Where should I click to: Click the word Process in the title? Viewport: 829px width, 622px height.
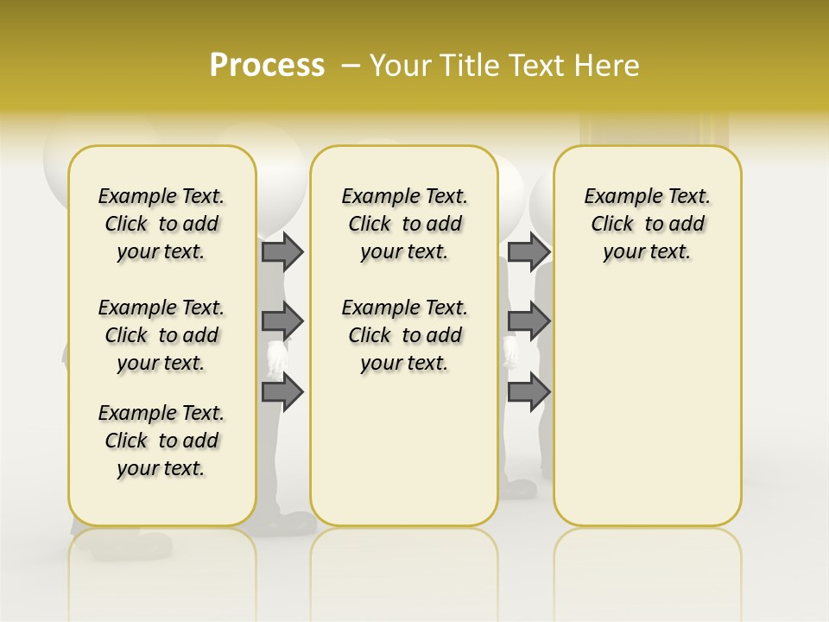click(267, 66)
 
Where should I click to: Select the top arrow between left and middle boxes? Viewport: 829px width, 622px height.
click(282, 251)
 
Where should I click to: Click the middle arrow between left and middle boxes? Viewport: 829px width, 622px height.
click(282, 321)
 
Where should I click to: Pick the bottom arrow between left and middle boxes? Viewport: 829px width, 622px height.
click(282, 392)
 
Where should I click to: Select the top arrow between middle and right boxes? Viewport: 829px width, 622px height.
click(528, 251)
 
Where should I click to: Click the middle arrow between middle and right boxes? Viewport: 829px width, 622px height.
click(528, 321)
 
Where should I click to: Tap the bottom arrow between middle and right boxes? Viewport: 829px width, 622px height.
click(528, 392)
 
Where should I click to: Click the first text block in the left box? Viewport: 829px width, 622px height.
click(161, 224)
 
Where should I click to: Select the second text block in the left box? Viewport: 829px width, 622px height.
click(161, 335)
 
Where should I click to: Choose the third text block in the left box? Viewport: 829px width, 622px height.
click(161, 441)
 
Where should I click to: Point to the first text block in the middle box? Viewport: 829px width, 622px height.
click(404, 224)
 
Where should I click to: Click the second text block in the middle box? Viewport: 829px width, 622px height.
click(404, 335)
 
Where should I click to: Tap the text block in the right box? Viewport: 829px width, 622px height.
click(647, 224)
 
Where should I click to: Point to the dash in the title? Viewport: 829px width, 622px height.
click(351, 66)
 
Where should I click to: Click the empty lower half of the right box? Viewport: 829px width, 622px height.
click(647, 415)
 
